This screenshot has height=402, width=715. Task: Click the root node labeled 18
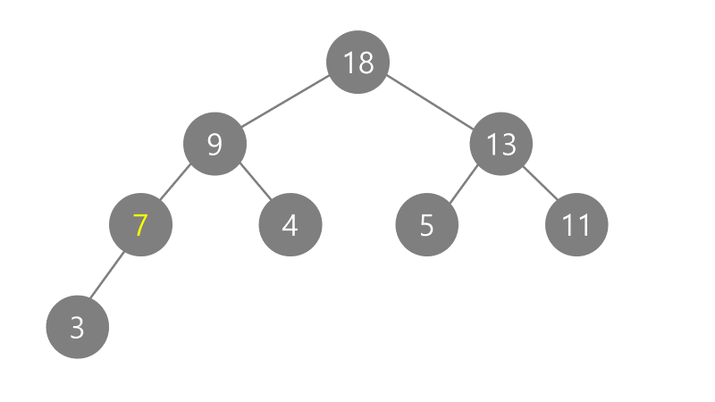click(x=357, y=62)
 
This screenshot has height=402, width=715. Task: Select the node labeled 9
click(x=214, y=143)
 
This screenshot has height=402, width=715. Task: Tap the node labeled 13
click(x=501, y=143)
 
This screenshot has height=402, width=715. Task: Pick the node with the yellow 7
click(x=139, y=224)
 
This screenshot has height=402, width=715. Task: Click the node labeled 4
click(x=290, y=224)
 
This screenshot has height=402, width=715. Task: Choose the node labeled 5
click(x=426, y=224)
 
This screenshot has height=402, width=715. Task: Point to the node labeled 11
click(x=576, y=224)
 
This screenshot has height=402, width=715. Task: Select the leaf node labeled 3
click(x=77, y=327)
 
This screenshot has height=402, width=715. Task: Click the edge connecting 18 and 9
click(x=286, y=102)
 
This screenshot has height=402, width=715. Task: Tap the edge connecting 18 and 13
click(x=430, y=102)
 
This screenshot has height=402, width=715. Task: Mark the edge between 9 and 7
click(x=176, y=184)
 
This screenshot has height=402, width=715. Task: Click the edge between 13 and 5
click(x=463, y=185)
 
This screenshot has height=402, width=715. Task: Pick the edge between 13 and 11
click(x=539, y=184)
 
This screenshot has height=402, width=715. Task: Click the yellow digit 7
click(x=139, y=225)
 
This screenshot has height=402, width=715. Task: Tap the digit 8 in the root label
click(x=365, y=63)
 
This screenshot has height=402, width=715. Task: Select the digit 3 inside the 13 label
click(x=509, y=144)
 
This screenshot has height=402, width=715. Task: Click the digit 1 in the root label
click(x=349, y=63)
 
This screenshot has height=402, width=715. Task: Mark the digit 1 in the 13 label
click(x=492, y=144)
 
